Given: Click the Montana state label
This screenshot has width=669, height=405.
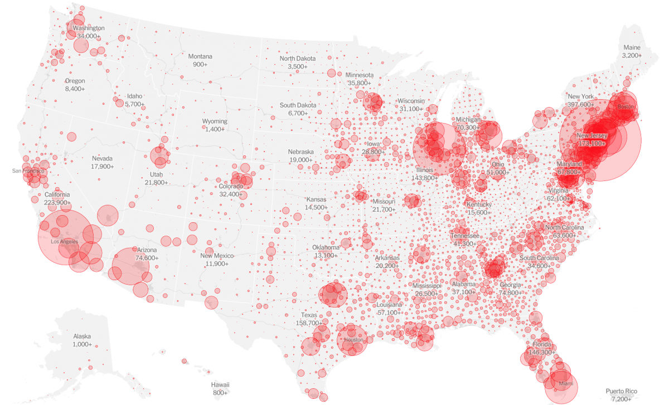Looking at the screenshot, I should coord(200,56).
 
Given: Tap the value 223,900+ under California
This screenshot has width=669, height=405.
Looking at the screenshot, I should coord(57,202).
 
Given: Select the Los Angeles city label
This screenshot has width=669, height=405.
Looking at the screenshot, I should coord(64,242).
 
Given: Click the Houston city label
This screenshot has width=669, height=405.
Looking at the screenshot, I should coord(353,339).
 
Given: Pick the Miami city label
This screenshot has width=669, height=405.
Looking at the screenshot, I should coord(565,384).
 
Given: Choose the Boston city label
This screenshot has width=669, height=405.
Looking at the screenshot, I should coord(626,106).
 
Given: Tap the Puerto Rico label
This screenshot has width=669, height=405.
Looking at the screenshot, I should coord(621,391).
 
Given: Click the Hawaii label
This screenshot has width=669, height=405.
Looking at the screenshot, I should coord(220,385).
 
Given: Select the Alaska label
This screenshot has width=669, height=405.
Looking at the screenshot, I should coord(82,336).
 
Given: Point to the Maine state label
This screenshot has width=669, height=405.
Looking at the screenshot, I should coord(632,47).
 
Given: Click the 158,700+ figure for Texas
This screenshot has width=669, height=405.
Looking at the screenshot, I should coord(309,323).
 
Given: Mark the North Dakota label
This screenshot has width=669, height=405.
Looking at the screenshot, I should coord(298,58).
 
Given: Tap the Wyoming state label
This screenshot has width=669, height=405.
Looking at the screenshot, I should coord(215,121).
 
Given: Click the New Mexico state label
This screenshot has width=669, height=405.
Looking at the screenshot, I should coord(217,256).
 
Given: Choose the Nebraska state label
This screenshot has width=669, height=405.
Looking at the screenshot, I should coord(300,152).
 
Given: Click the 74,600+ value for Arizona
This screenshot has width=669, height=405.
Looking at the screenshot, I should coord(147,258).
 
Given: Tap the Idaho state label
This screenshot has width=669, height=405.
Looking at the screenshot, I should coord(134,96).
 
